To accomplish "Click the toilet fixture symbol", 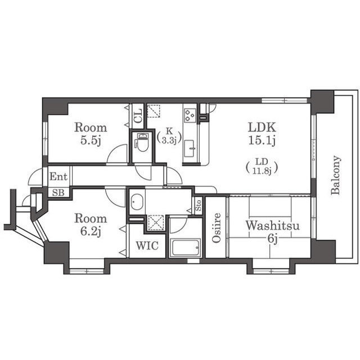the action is point(142,142).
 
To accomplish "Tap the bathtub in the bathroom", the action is point(186,247).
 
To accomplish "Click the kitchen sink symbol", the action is point(190,148).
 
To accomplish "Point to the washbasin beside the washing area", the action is point(137,202).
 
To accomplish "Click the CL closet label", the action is point(138,116).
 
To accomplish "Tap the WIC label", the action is point(147,245).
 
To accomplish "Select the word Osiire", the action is point(216,228).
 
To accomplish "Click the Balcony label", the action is point(336,175).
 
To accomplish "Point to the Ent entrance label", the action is point(58,177).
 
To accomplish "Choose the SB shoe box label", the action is point(58,192).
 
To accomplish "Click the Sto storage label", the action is point(199,205).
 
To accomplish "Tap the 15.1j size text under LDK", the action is point(262,141).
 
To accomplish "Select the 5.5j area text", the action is point(91,141).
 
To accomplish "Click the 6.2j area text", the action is point(91,231).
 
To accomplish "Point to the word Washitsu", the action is point(272,226).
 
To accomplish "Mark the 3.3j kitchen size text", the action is point(169,141).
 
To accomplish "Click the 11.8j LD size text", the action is point(262,171).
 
